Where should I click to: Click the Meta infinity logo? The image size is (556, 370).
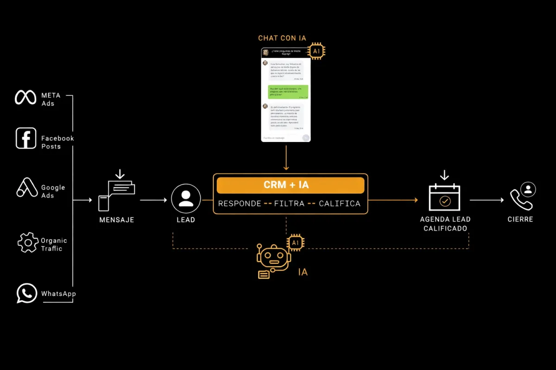coord(25,98)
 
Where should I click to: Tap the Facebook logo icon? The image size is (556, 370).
coord(26,138)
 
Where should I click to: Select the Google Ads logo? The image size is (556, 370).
coord(27,187)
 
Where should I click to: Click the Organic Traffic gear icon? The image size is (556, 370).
coord(28,242)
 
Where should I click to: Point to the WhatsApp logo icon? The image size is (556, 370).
coord(26,293)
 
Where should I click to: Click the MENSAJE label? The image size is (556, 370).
coord(117,220)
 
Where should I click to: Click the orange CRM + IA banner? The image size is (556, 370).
coord(290,185)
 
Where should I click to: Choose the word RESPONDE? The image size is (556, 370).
coord(240,203)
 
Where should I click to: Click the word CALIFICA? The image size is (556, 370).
coord(340,203)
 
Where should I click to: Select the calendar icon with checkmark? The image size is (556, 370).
coord(444,197)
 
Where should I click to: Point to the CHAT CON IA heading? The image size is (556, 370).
coord(282,38)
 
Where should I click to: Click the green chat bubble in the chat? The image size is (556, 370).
coord(289,92)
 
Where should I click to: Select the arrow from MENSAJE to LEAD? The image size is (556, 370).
coord(153,200)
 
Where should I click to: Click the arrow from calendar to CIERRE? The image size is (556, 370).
coord(487,200)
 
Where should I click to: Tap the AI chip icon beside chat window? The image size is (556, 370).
coord(316,51)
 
